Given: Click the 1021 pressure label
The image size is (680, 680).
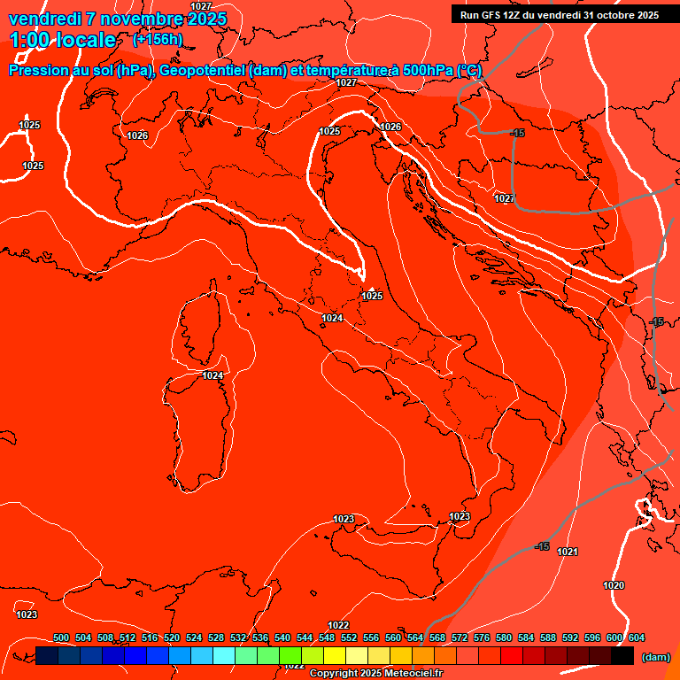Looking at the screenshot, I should (x=568, y=552).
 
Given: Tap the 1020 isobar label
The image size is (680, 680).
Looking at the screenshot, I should (x=614, y=585).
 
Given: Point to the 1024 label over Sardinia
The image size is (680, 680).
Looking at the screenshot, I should (x=212, y=375).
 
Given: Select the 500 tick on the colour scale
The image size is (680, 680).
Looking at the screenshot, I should (x=61, y=637).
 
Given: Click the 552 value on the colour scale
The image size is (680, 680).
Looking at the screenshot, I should (x=349, y=637).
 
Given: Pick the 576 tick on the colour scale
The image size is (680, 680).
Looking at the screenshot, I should (x=482, y=637).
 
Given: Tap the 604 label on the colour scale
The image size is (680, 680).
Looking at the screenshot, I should (x=637, y=637).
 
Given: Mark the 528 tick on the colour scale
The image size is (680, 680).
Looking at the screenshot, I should (x=216, y=637).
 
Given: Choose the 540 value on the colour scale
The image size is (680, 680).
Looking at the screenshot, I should (x=282, y=637).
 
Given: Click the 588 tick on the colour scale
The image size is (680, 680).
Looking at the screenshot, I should (x=548, y=637).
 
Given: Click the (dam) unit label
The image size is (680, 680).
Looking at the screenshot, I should (x=655, y=656).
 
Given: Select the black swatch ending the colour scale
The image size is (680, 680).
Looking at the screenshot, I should (x=622, y=655).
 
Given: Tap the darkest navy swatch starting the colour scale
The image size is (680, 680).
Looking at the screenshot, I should (x=47, y=655).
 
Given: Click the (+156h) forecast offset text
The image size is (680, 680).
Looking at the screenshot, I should (x=158, y=39).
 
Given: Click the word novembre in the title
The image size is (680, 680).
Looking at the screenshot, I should (x=137, y=18).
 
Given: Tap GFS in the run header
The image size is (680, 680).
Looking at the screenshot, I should (x=492, y=15).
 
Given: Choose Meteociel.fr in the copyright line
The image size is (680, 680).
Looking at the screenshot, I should (x=413, y=674).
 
